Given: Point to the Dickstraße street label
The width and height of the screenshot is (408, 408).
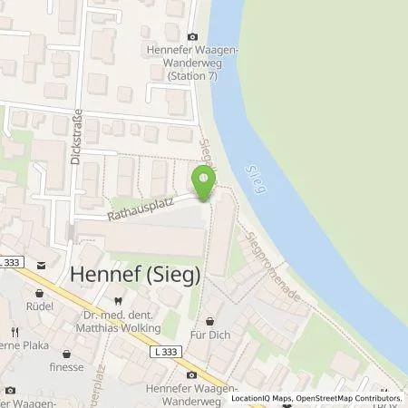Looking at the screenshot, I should click(76, 138).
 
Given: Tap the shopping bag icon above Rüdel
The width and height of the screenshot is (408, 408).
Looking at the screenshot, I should click(40, 294).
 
